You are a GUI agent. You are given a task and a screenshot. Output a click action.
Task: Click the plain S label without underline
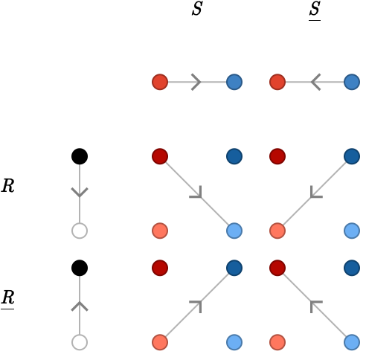[197, 9]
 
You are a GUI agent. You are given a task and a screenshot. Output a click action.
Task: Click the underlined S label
[315, 10]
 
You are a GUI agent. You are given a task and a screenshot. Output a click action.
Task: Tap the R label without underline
[8, 186]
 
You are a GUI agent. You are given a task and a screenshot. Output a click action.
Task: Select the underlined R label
[7, 299]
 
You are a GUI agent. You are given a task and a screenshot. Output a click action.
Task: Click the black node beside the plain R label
[80, 156]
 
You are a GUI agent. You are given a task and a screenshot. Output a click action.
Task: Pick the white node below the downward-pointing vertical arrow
[80, 231]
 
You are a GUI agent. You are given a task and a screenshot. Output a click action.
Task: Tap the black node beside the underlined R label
[80, 268]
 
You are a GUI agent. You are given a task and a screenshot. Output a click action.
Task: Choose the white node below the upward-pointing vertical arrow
[80, 342]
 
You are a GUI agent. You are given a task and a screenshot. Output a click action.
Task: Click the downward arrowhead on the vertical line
[80, 193]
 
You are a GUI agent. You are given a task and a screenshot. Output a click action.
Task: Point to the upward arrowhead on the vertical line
[80, 306]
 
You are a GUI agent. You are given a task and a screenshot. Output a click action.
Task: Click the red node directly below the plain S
[160, 82]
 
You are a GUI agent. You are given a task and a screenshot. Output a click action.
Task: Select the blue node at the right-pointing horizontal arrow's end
[234, 82]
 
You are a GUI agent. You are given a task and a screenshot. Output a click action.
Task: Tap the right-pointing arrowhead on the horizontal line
[196, 82]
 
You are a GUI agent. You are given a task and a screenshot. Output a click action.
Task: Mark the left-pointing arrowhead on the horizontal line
[316, 82]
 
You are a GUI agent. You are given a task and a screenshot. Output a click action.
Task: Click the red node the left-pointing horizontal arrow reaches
[277, 82]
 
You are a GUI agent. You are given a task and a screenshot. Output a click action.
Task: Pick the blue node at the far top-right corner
[352, 82]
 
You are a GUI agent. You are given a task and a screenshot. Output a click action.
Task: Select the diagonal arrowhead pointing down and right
[197, 193]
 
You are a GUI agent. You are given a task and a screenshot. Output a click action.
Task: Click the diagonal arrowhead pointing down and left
[315, 193]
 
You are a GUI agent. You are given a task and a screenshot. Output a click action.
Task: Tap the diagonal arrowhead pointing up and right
[197, 305]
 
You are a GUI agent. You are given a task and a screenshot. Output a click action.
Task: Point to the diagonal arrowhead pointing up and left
[315, 305]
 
